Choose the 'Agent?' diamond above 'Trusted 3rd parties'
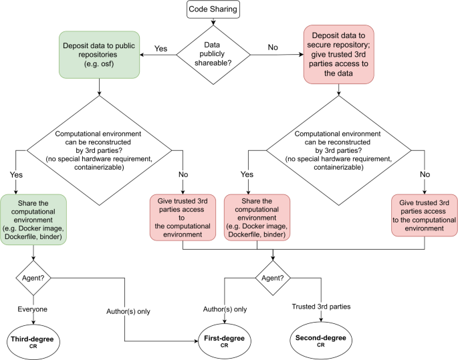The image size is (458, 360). (272, 275)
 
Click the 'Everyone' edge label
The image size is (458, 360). (32, 310)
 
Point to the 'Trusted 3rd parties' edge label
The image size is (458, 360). (322, 307)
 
